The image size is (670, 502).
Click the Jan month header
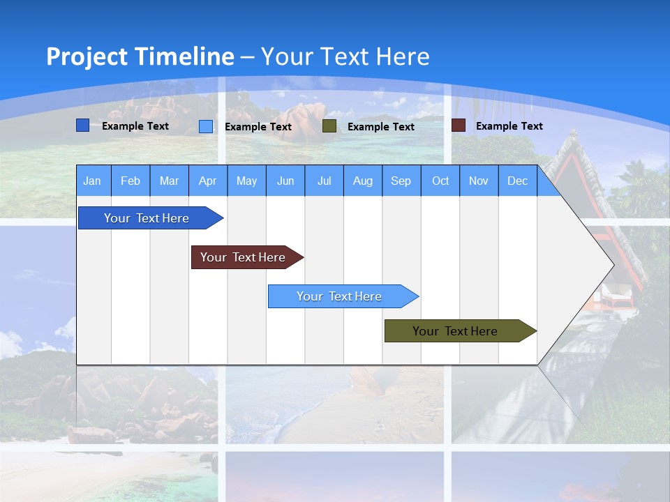click(92, 181)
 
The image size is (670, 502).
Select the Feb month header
click(131, 181)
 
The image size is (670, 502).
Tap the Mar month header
click(169, 181)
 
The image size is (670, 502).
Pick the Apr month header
click(208, 181)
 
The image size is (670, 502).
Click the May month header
click(246, 181)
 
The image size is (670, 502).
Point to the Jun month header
click(285, 181)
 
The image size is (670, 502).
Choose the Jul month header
click(324, 181)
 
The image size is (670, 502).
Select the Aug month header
click(363, 181)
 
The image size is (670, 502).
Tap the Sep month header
click(401, 181)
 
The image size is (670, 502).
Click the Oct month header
click(440, 181)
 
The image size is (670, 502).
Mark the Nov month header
click(479, 181)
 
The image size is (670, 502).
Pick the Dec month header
click(518, 181)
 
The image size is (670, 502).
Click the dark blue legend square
click(82, 125)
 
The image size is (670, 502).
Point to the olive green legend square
click(329, 126)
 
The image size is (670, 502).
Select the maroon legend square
click(458, 125)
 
